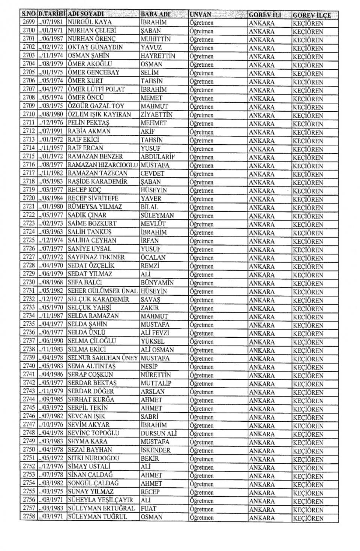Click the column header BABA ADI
155,14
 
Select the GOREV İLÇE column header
312,15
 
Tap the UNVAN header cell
200,15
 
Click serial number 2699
29,22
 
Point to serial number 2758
29,517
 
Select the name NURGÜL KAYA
90,22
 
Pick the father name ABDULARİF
158,156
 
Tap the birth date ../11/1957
52,148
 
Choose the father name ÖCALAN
154,257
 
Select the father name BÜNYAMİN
157,282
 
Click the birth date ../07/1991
52,131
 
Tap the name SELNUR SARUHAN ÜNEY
103,358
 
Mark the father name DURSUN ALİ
159,433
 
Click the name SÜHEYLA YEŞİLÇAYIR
100,500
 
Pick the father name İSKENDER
156,450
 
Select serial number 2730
29,282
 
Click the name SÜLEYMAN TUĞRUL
97,517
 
